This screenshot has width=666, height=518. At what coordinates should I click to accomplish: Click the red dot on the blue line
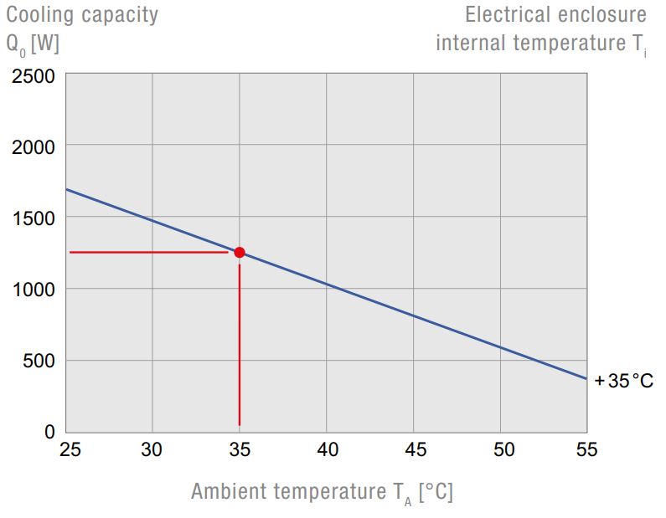(x=240, y=252)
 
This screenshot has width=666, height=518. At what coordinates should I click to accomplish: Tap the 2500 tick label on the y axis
(x=34, y=77)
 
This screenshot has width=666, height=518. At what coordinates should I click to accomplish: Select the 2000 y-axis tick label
(x=34, y=147)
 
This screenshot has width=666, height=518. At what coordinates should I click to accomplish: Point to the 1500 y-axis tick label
(x=34, y=218)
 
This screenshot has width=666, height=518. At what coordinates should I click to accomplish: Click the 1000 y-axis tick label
(x=34, y=290)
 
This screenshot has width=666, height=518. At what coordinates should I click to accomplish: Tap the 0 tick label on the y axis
(x=49, y=433)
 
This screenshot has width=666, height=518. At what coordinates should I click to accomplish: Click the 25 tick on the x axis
(x=70, y=450)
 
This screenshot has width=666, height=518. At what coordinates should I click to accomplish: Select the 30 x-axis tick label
(x=152, y=450)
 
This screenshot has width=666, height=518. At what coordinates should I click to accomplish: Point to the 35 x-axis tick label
(x=240, y=450)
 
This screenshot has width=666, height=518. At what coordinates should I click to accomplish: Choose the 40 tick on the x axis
(x=327, y=450)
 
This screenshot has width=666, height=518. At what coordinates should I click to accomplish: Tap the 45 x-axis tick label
(x=414, y=450)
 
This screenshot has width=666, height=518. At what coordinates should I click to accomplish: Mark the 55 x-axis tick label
(x=587, y=450)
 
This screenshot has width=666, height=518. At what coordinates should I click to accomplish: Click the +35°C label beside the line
(x=623, y=382)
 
